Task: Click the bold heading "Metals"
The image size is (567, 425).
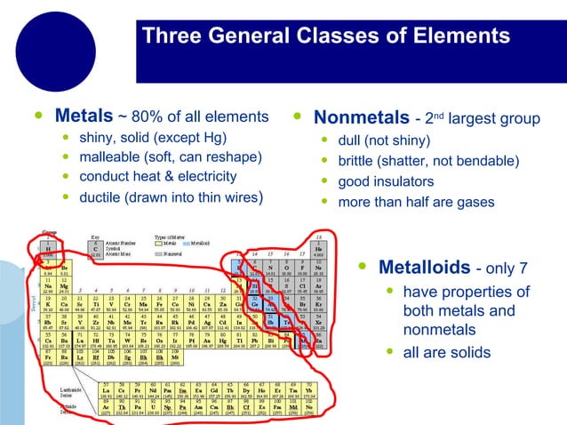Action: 84,116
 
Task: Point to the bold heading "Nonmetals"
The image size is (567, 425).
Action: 361,118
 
